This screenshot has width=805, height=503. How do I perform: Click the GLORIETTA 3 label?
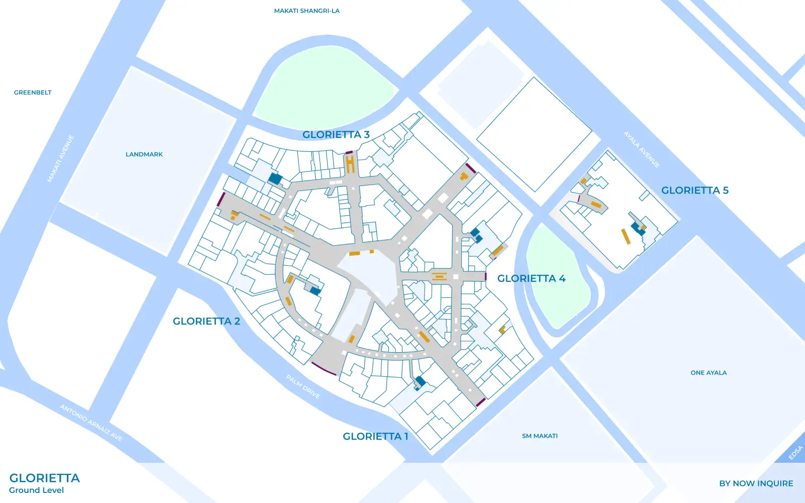click(x=336, y=135)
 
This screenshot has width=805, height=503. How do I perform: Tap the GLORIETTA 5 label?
click(x=694, y=190)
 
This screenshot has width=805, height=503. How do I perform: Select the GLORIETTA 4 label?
click(x=531, y=279)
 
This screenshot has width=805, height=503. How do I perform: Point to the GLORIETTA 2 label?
click(x=206, y=321)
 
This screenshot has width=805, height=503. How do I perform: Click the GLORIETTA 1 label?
click(x=375, y=437)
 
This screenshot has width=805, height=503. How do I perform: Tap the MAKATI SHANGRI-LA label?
click(x=306, y=11)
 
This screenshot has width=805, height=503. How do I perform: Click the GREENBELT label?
click(x=33, y=93)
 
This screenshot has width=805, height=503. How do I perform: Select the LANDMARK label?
click(x=144, y=154)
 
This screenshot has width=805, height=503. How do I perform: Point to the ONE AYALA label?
click(x=708, y=373)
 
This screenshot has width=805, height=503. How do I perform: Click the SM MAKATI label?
click(x=539, y=436)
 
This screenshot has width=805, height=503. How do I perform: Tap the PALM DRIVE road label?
click(x=303, y=386)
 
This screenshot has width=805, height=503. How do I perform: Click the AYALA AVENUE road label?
click(x=641, y=149)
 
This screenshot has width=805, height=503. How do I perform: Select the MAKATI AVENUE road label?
click(x=61, y=158)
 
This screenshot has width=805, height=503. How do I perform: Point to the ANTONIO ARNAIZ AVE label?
click(x=91, y=423)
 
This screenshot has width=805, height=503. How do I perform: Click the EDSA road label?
click(x=795, y=453)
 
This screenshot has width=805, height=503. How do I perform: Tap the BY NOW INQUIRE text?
click(x=756, y=483)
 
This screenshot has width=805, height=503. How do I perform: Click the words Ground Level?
click(x=36, y=490)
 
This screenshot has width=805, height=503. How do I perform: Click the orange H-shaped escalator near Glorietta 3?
click(x=350, y=164)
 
